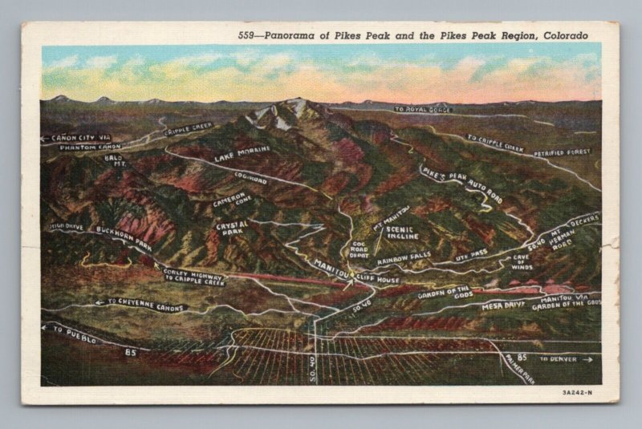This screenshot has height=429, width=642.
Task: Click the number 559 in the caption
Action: point(249,35)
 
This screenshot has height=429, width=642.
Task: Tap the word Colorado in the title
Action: point(567,35)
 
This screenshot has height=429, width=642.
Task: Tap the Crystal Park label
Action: point(232,229)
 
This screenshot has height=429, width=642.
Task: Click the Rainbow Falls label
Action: point(404,260)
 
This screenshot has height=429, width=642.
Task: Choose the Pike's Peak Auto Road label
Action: point(461,184)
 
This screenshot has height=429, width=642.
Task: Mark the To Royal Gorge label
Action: point(423,109)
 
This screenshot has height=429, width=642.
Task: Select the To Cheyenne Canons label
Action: point(144,306)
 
